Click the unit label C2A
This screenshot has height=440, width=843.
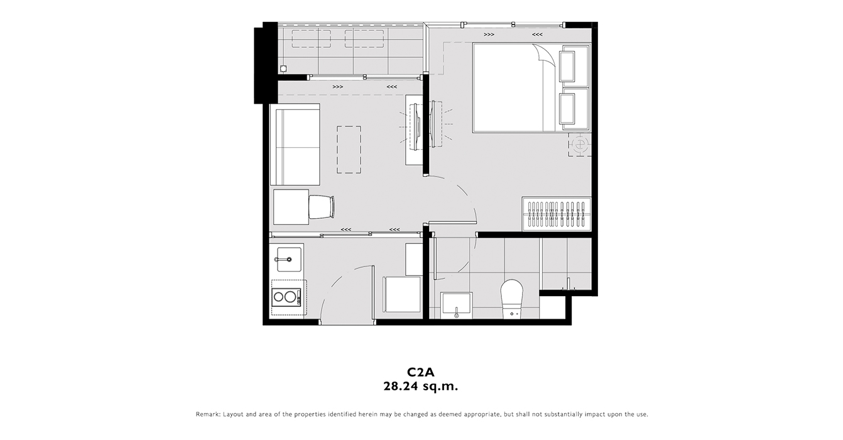coord(420,372)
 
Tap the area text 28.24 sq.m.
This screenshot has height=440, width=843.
coord(420,387)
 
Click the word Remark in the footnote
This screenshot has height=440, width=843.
coord(207,414)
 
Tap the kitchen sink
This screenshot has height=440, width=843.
coord(289,259)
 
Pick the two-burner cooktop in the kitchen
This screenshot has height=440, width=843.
coord(286,297)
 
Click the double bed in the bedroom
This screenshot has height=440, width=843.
coord(531,88)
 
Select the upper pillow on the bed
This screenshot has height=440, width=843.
coord(567,66)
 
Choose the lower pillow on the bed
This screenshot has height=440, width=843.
coord(567,109)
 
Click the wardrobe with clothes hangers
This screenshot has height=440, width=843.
coord(557,214)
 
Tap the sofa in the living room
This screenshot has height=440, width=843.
coord(295,145)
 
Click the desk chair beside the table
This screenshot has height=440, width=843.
coord(322,206)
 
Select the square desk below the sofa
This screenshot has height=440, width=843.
coord(291,207)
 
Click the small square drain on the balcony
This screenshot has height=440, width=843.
coord(283,69)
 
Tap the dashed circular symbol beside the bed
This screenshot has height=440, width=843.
coord(580,144)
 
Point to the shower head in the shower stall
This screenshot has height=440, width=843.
coord(568,283)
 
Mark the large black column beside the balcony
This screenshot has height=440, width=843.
coord(266,62)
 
